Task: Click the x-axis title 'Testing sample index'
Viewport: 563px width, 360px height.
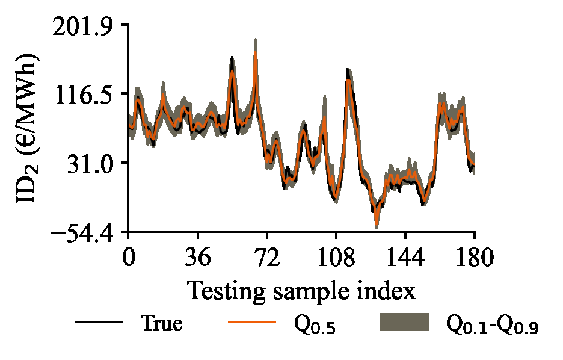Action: pyautogui.click(x=301, y=291)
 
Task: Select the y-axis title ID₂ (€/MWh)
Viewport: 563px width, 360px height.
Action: pyautogui.click(x=28, y=127)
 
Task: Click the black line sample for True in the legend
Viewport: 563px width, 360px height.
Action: pyautogui.click(x=99, y=323)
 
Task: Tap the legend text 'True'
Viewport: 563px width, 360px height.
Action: pyautogui.click(x=162, y=323)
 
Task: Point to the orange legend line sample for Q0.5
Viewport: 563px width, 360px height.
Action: pyautogui.click(x=252, y=323)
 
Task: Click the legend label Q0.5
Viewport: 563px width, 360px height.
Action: pyautogui.click(x=314, y=325)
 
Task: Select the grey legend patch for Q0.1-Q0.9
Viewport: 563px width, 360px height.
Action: pyautogui.click(x=405, y=323)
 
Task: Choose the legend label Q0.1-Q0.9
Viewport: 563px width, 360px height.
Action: pyautogui.click(x=491, y=325)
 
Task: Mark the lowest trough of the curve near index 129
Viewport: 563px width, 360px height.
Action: pyautogui.click(x=377, y=225)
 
